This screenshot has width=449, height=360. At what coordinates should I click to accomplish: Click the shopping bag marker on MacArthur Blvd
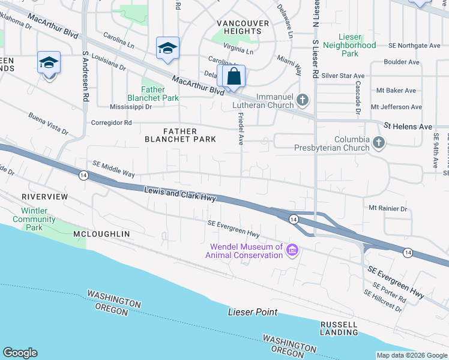234,77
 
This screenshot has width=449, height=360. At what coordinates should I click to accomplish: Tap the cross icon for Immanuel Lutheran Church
303,100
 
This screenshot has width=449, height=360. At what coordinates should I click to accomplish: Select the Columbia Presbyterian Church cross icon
378,142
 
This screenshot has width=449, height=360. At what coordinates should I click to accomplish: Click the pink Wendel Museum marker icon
292,250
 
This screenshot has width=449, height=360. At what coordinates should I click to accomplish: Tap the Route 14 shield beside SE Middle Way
83,175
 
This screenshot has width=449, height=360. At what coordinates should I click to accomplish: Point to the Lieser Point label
253,312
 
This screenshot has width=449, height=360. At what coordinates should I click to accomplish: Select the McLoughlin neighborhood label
101,233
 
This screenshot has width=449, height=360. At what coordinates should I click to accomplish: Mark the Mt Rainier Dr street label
388,209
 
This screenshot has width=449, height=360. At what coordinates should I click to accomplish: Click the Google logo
20,353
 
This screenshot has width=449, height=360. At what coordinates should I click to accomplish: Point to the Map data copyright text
411,355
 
